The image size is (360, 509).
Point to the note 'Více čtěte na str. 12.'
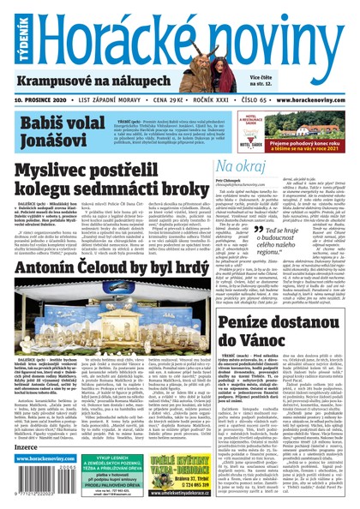point(265,80)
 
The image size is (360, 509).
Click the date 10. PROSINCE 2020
point(40,99)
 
